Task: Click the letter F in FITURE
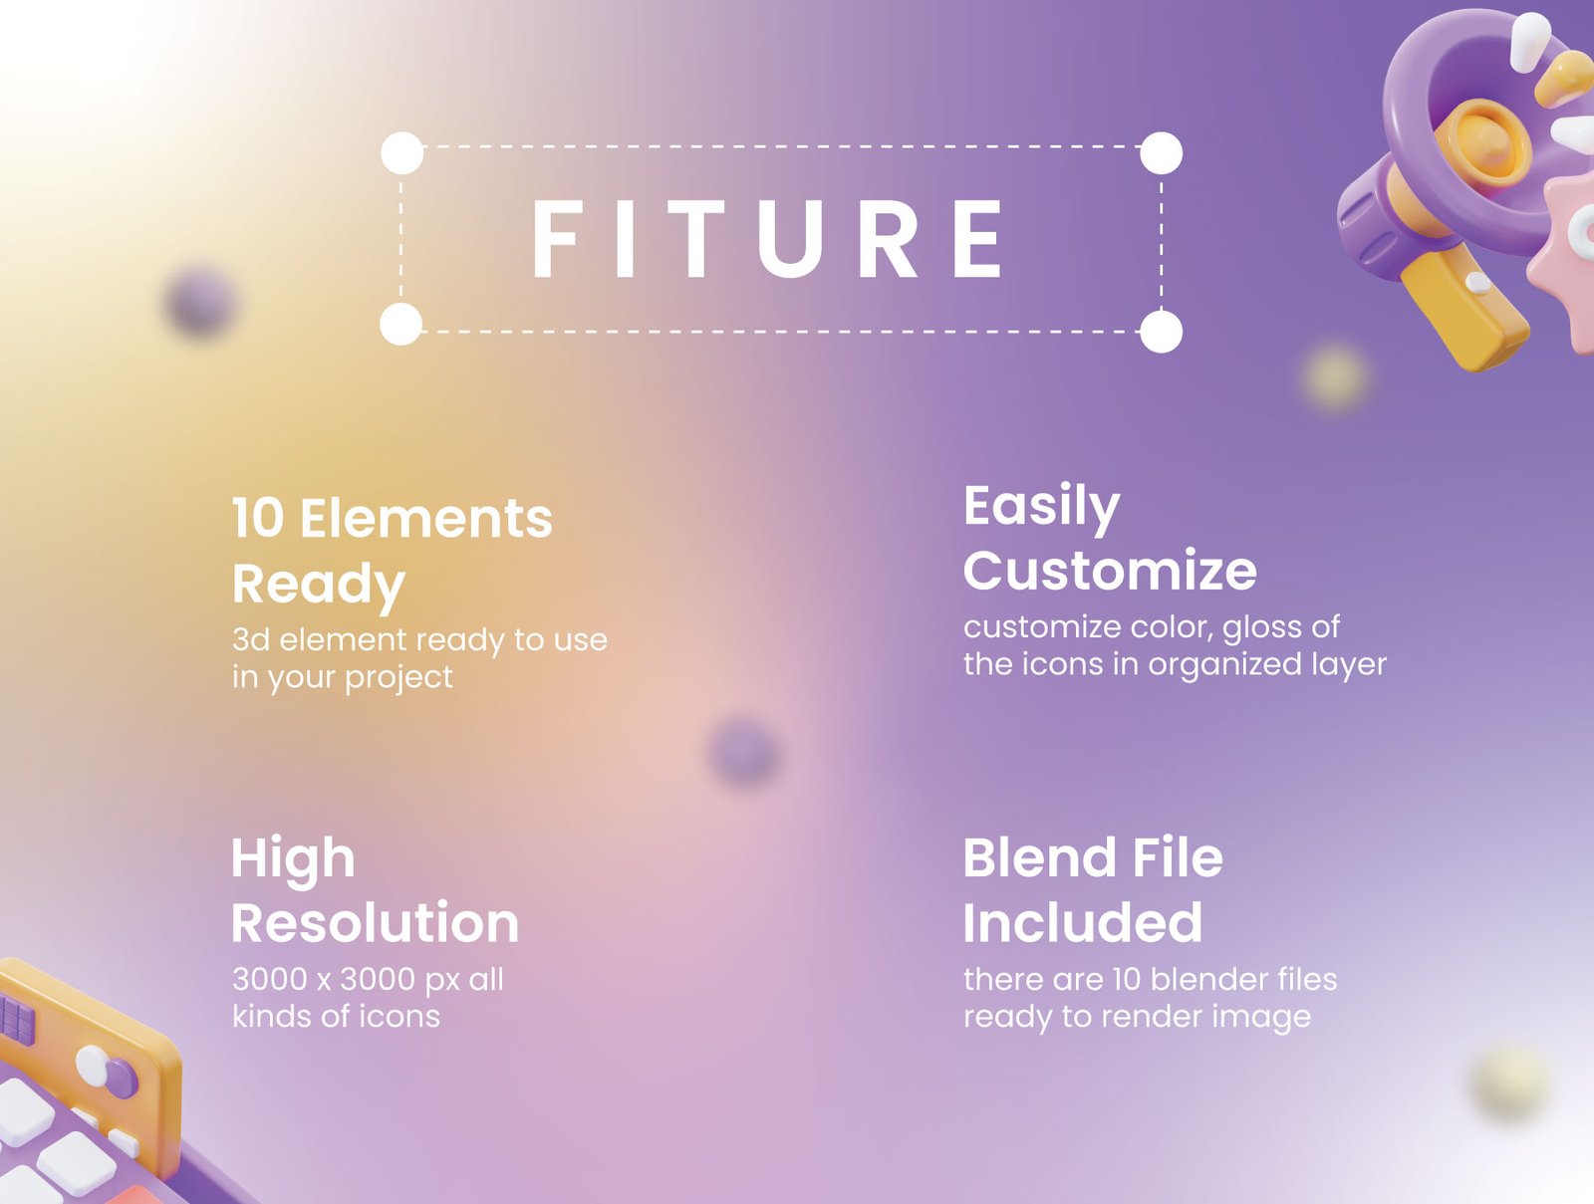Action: [558, 238]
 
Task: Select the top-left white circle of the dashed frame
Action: [402, 153]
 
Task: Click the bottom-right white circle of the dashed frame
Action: [1162, 332]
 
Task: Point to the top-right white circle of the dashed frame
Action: [1162, 153]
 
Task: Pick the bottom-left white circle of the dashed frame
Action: [400, 324]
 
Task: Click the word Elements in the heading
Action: [426, 518]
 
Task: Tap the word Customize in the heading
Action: [1111, 571]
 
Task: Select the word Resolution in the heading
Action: [376, 922]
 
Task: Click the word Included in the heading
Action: [1083, 922]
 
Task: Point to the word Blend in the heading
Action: [1039, 857]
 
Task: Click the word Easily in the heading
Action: [1042, 508]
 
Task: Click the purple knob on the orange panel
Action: [121, 1077]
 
